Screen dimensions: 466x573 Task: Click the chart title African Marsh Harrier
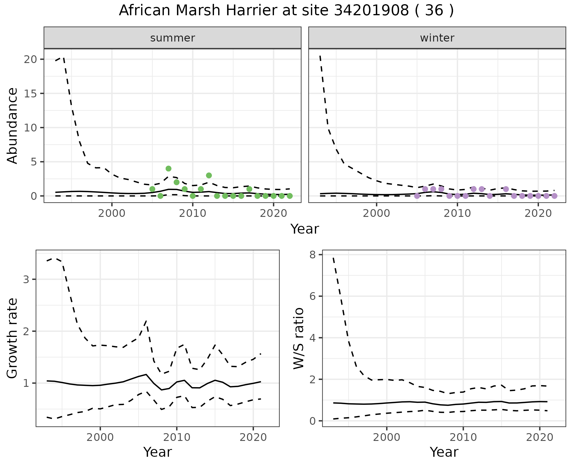286,11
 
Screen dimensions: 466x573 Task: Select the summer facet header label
172,38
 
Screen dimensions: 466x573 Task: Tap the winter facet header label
437,38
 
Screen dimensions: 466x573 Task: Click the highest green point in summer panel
168,168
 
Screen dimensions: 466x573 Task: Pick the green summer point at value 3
209,175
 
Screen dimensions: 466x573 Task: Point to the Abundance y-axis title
13,125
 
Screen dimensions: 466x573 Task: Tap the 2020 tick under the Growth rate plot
253,437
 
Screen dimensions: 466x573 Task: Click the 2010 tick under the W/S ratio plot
463,437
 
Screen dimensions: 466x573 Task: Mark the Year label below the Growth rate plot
158,452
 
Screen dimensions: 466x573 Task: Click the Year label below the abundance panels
305,229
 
